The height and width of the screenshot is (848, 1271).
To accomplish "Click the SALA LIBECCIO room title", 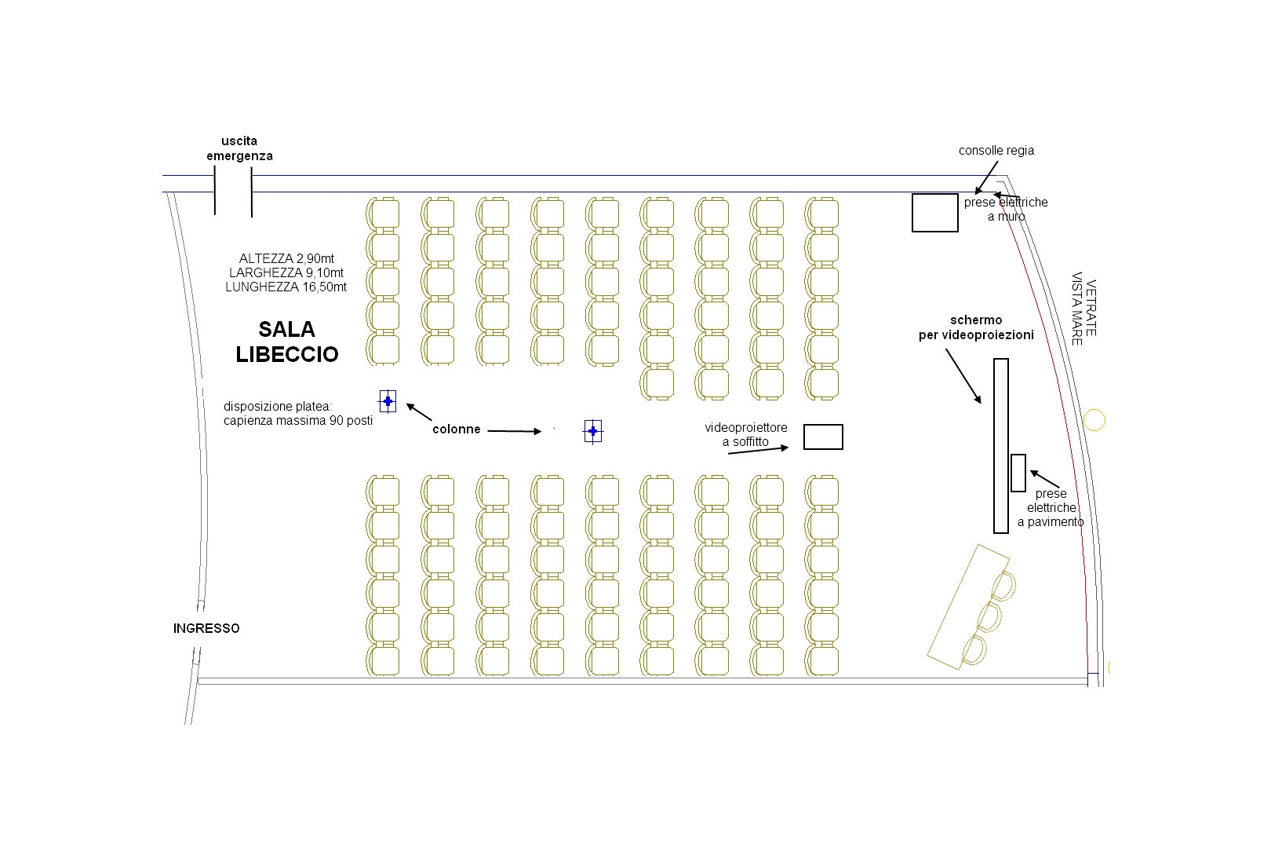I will [x=287, y=342].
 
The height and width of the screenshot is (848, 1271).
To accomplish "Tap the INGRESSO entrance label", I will [x=206, y=628].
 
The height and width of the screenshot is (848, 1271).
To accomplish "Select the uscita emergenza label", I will [x=239, y=148].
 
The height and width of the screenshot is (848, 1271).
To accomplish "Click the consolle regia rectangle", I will [x=934, y=213].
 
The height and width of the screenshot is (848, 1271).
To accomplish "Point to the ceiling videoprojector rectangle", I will [x=823, y=437].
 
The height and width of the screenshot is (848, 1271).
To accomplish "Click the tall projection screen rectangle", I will [x=1000, y=445].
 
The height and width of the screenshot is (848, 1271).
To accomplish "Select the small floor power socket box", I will [x=1018, y=473].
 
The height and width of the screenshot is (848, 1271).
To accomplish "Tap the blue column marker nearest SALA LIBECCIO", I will [x=388, y=401].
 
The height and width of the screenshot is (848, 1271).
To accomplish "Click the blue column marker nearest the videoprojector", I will [x=593, y=431].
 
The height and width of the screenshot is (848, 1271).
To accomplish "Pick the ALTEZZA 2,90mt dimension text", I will [x=286, y=258].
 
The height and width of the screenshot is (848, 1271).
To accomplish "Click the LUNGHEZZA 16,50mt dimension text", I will [x=286, y=287].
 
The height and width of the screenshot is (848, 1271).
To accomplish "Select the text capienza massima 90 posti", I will [x=298, y=421].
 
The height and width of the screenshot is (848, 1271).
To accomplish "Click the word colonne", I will [x=456, y=429].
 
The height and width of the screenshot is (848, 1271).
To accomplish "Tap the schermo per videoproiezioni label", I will [x=976, y=327].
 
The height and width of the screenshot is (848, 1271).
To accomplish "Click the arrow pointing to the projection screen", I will [x=963, y=375].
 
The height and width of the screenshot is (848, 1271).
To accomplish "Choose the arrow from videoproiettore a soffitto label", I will [x=759, y=450].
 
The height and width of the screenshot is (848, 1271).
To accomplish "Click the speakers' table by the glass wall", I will [x=968, y=602].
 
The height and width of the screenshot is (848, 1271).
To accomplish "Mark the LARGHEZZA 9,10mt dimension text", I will [x=286, y=272].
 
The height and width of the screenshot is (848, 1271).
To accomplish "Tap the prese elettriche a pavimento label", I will [x=1051, y=507].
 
